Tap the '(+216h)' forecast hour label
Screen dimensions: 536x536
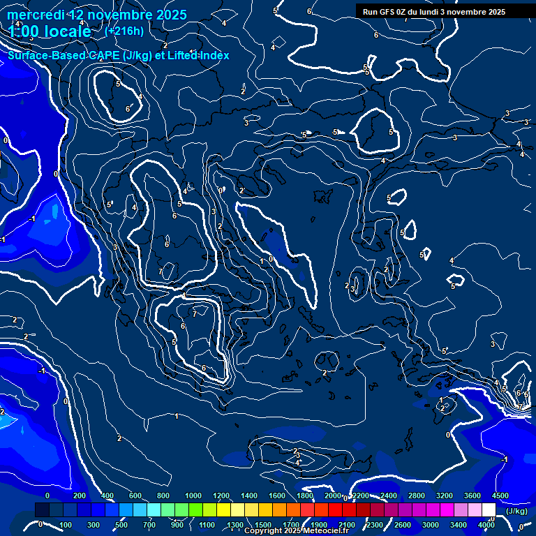(124, 31)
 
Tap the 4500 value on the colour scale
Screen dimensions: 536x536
(500, 496)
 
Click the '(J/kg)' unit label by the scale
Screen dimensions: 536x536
(516, 511)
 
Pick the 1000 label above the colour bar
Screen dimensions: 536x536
(193, 496)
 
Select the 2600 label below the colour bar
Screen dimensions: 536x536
(403, 525)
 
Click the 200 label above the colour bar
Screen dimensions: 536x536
(79, 496)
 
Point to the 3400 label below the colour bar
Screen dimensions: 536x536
(459, 525)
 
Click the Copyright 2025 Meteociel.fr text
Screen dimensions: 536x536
(297, 531)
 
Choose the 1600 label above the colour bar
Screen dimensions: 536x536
(277, 496)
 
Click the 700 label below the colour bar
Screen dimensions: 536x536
(149, 525)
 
